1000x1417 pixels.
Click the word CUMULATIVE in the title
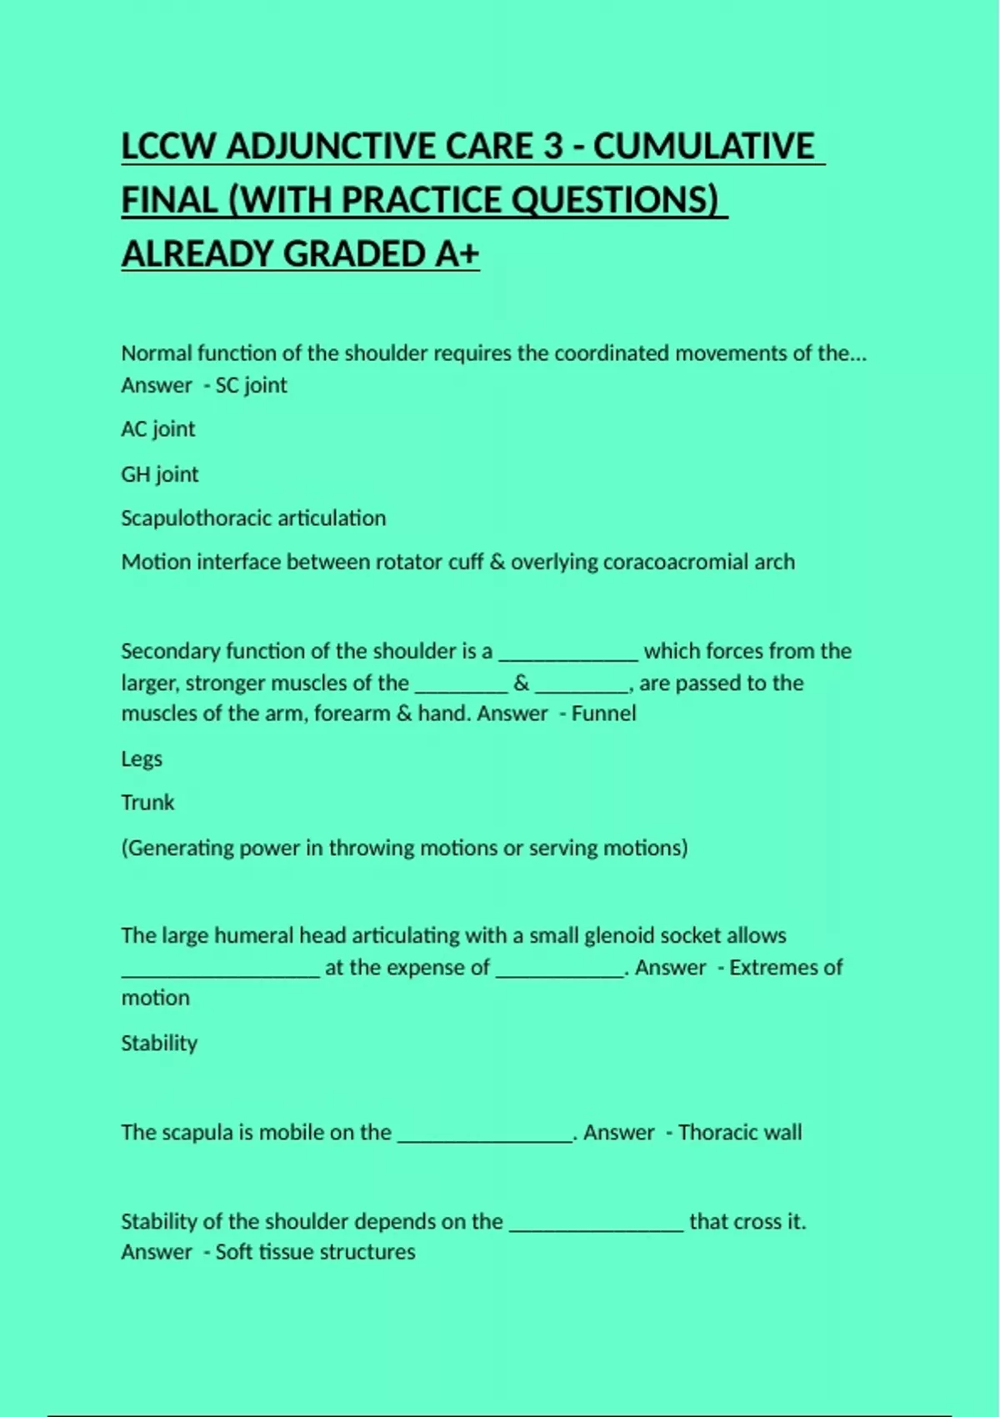[703, 147]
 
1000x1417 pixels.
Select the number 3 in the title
[552, 147]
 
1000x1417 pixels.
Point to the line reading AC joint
[157, 429]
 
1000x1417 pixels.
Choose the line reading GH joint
[159, 474]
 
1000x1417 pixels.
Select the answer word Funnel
[603, 714]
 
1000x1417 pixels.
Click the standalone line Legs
[142, 759]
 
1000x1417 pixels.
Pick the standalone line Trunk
[147, 803]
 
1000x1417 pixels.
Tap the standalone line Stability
[159, 1043]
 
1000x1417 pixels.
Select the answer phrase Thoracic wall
[740, 1132]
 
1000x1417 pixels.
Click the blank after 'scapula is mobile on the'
[485, 1135]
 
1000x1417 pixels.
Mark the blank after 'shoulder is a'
[568, 654]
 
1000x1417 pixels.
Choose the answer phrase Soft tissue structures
[315, 1252]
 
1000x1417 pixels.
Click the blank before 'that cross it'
[596, 1224]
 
